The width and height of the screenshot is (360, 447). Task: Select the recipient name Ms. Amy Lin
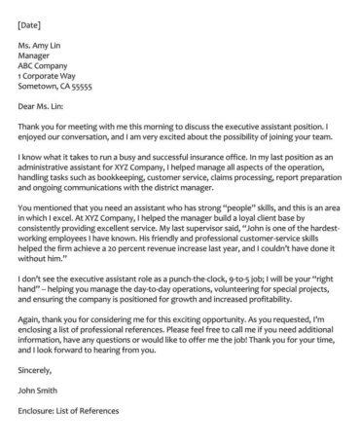[x=42, y=42]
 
